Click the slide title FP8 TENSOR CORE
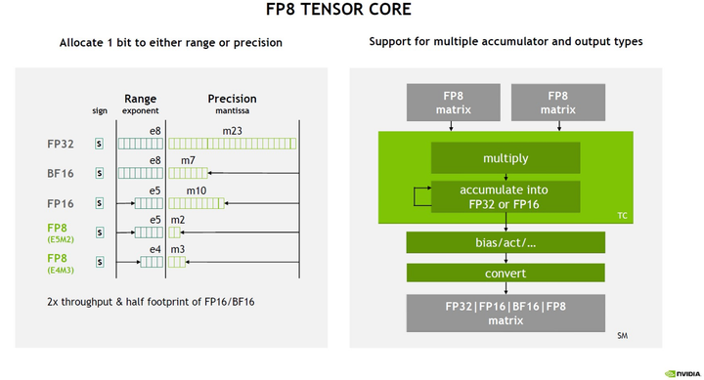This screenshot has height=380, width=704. coord(352,11)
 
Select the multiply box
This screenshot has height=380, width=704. coord(506,158)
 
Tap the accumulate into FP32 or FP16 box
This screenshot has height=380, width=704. coord(506,195)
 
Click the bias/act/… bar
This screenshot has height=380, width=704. coord(506,242)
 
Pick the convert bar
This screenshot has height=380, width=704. coord(506,274)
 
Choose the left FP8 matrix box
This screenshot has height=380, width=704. coord(453,103)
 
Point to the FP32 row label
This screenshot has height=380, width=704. coord(60,143)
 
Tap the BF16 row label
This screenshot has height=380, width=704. coord(60,173)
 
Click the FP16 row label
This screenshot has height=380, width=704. coord(60,203)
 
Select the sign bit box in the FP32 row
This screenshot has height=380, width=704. coord(98,143)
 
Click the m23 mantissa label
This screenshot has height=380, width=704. coord(234,130)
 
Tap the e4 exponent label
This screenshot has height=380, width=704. coord(154,250)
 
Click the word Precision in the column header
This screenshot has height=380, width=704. coord(233,99)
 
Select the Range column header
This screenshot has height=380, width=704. coord(141,99)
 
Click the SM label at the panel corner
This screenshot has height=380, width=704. coord(622,336)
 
